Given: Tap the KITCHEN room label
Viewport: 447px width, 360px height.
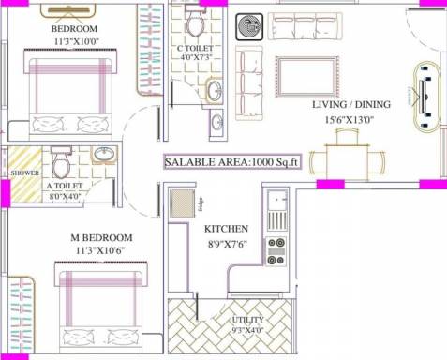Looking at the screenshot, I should point(226,228).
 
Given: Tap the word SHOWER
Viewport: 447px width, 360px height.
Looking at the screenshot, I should point(22,173).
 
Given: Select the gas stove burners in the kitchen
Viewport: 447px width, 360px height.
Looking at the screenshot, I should point(276,250).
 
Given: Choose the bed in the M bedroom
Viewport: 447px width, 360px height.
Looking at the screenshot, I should point(100,306).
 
